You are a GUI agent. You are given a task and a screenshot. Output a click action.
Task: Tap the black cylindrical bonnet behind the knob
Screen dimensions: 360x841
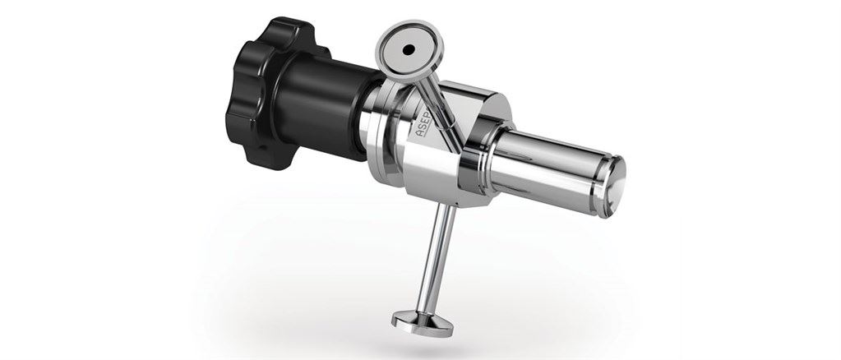[x=317, y=103]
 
